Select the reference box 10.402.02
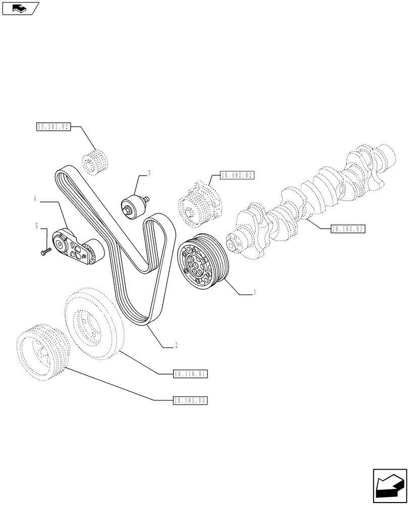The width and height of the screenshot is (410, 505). tap(236, 176)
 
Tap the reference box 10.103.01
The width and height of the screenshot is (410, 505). tap(348, 229)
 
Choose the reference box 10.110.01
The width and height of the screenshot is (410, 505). tap(190, 374)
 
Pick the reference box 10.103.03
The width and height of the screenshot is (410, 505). tap(190, 400)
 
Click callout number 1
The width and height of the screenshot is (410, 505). tap(254, 292)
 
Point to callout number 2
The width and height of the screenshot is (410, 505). tap(175, 346)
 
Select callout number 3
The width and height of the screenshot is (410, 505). tap(149, 173)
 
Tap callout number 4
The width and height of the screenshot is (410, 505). tap(35, 200)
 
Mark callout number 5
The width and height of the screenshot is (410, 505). tap(37, 226)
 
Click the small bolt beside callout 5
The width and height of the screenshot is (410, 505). tap(46, 249)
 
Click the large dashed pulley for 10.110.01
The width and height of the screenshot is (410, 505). tap(94, 323)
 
